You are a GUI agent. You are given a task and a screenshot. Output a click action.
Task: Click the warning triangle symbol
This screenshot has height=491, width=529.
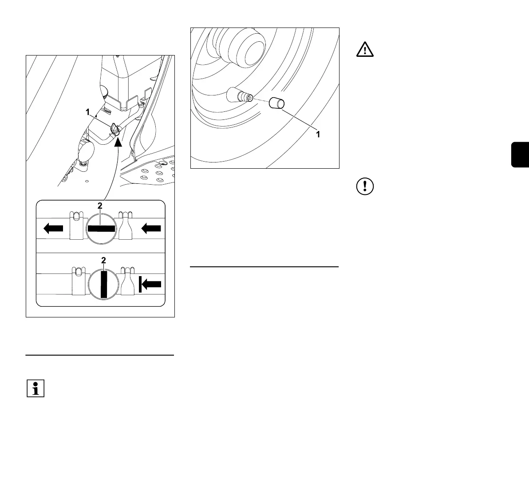(365, 50)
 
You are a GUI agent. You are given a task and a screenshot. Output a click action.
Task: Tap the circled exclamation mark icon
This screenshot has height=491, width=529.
(365, 186)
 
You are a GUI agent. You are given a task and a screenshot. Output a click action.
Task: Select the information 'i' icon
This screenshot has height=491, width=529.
(36, 388)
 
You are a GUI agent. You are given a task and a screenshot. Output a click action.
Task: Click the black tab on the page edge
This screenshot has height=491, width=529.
(520, 154)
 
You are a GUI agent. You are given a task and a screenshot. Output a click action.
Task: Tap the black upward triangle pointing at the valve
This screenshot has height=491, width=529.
(118, 143)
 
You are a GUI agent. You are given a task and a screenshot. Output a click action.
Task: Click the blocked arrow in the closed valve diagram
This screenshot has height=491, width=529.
(150, 285)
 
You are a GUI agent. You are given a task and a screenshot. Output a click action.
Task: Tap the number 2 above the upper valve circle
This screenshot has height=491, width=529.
(101, 206)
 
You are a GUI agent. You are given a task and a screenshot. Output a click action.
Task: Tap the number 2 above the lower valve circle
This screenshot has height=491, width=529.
(103, 261)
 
